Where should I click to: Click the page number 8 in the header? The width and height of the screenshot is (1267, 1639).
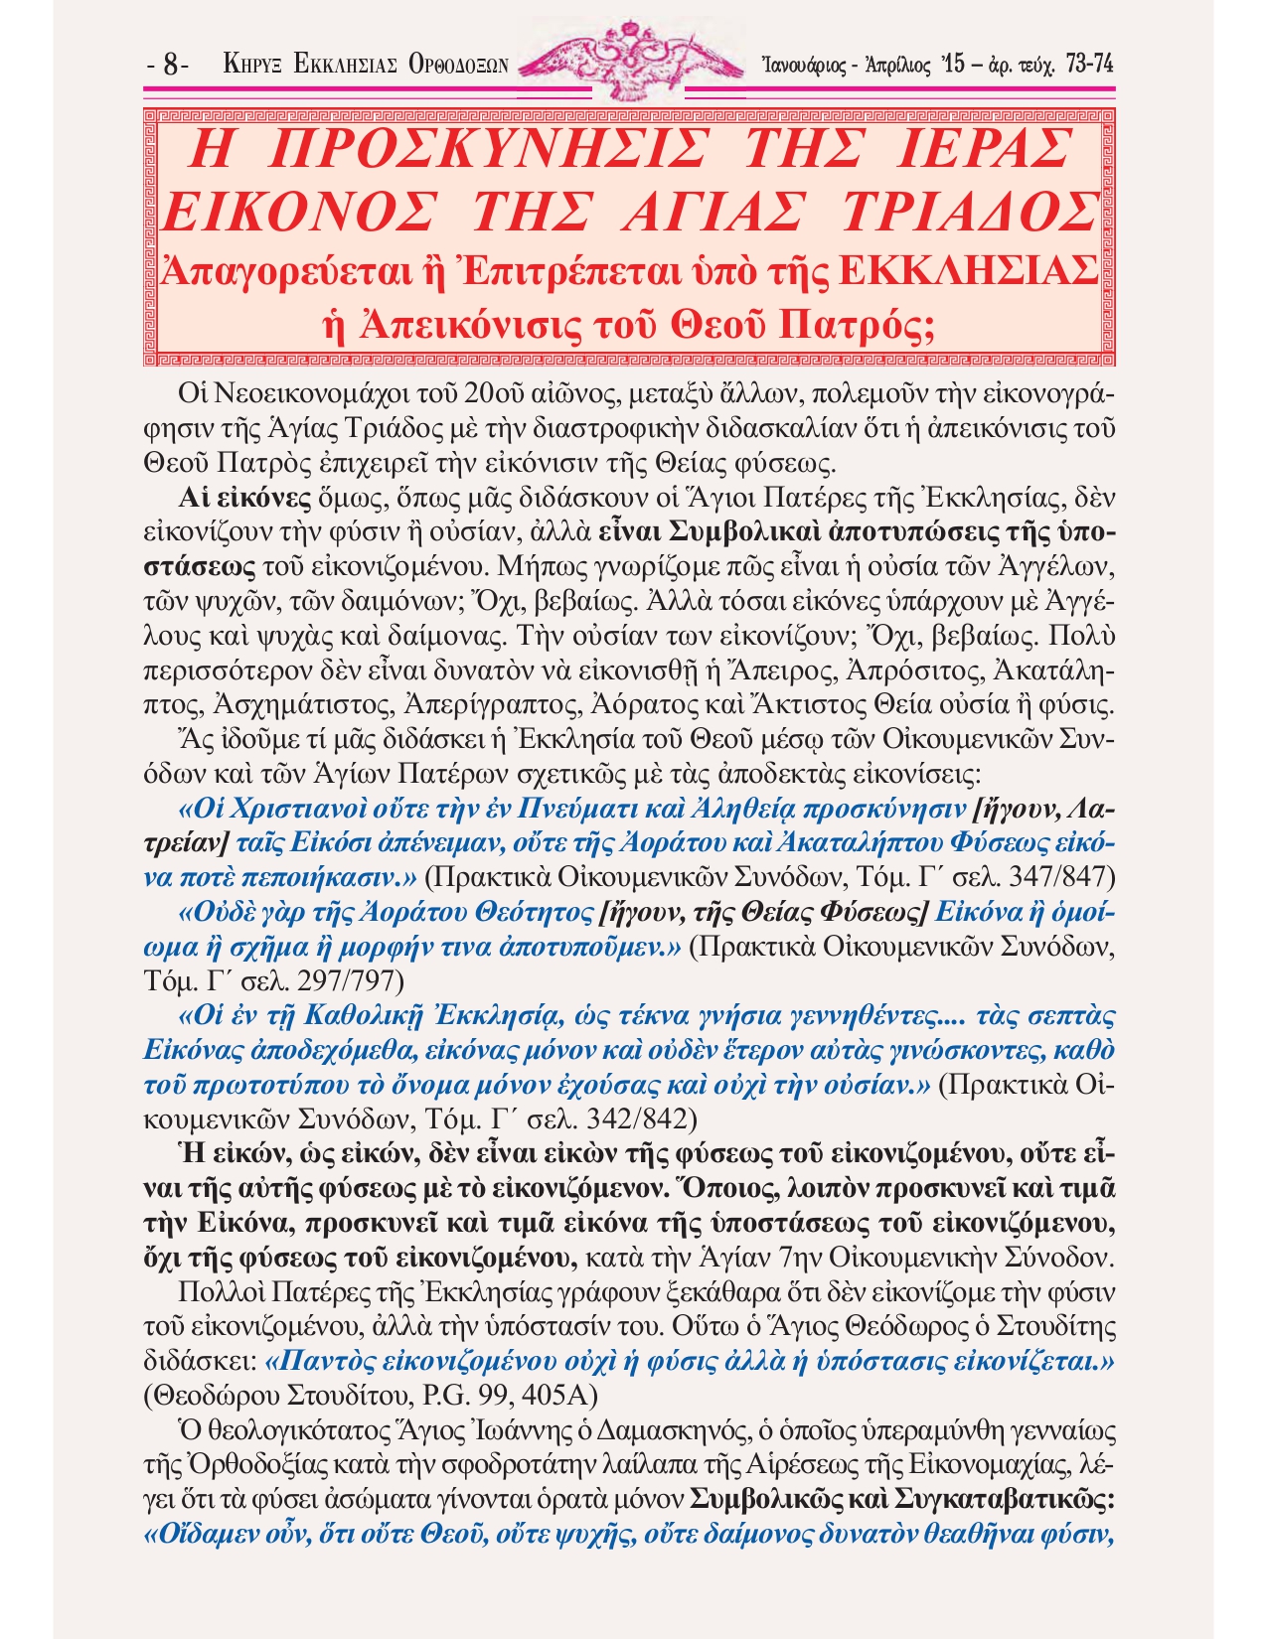[x=170, y=67]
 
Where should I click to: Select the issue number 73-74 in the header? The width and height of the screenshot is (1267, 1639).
[x=1088, y=65]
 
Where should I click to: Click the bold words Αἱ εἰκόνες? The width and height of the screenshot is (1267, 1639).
[x=233, y=499]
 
